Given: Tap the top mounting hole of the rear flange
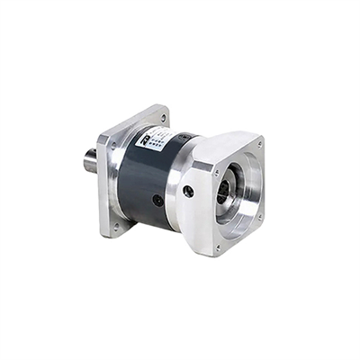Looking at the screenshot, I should pyautogui.click(x=163, y=118).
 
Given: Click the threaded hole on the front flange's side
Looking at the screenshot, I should pyautogui.click(x=188, y=191).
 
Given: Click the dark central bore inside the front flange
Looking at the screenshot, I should pyautogui.click(x=230, y=193).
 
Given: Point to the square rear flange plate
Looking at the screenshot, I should pyautogui.click(x=121, y=180).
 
